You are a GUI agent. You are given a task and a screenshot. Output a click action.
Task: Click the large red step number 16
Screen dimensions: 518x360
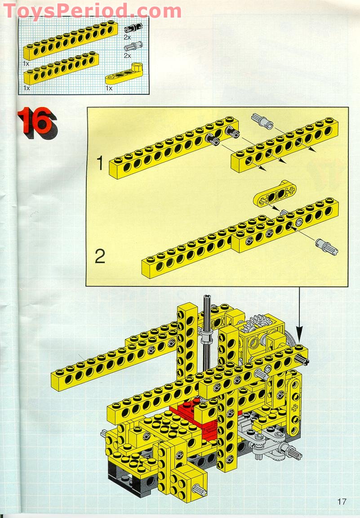(x=36, y=122)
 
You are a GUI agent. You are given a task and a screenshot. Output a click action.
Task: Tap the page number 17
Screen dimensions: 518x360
(x=342, y=501)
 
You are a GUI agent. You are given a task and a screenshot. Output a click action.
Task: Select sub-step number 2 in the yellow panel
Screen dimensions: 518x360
(x=100, y=257)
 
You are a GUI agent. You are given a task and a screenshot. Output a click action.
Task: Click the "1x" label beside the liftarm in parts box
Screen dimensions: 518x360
(x=109, y=88)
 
